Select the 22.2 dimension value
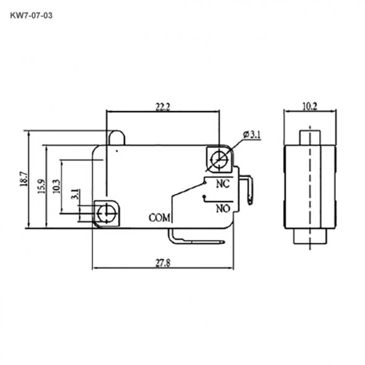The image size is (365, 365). click(162, 107)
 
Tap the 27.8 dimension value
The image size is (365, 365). click(164, 263)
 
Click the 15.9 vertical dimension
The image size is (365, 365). click(41, 186)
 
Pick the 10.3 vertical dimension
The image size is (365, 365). click(57, 187)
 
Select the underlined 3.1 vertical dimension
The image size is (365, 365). click(74, 195)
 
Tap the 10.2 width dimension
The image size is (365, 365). click(309, 107)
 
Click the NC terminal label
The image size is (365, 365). click(222, 183)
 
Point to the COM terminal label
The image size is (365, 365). click(159, 218)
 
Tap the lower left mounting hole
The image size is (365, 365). click(107, 213)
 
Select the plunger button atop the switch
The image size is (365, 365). click(117, 138)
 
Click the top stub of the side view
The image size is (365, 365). click(309, 136)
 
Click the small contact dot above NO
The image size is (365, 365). click(205, 198)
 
